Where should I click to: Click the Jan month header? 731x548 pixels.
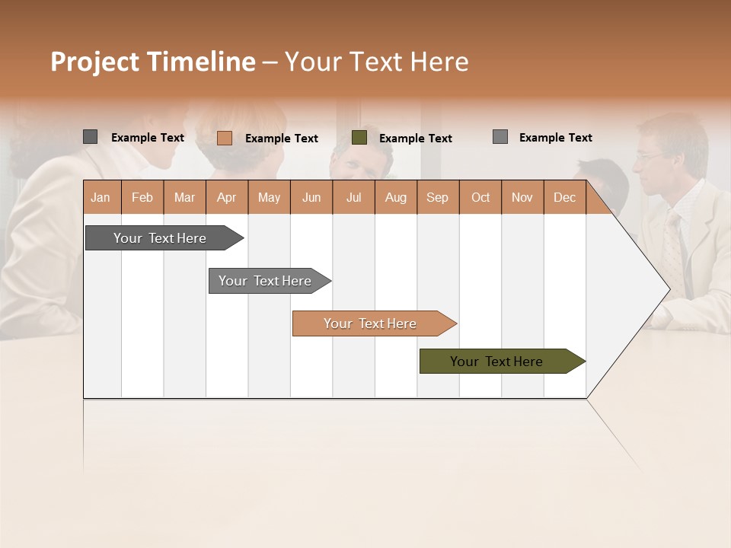[101, 197]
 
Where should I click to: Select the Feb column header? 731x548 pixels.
[142, 197]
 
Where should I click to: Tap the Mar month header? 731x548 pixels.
[184, 197]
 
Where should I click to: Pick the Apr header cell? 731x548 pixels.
[227, 197]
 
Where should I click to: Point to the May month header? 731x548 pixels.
[269, 197]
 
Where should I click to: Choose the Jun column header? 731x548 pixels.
[311, 197]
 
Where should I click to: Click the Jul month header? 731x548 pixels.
[353, 197]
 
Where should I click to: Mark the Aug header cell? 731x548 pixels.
[396, 197]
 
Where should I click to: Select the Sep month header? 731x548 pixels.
[438, 197]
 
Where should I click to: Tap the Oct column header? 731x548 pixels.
[480, 197]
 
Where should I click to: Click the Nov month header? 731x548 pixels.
[522, 197]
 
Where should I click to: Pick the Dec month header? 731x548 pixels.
[565, 197]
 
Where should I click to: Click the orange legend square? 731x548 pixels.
[224, 138]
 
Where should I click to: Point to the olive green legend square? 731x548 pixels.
[359, 138]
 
